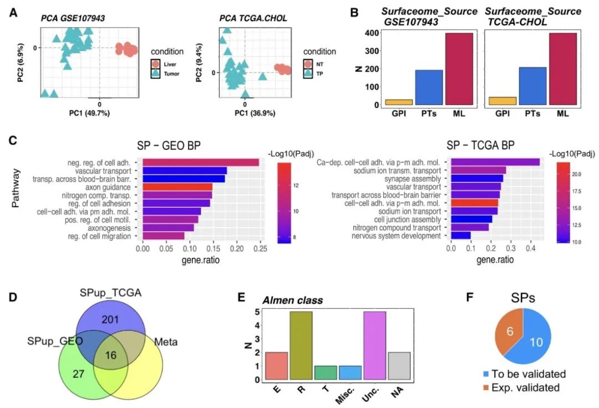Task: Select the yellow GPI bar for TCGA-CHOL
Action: [x=502, y=101]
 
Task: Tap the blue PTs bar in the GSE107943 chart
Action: [x=429, y=87]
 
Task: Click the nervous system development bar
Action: [x=461, y=236]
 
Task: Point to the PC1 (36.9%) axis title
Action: [x=245, y=113]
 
